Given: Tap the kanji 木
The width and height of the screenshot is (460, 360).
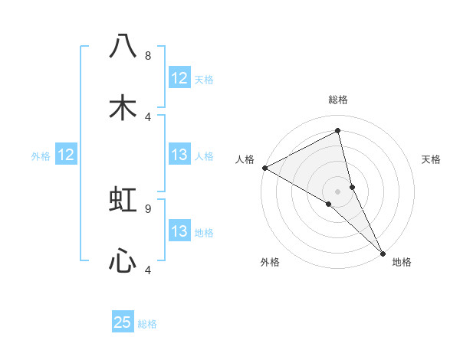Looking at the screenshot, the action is tap(123, 107).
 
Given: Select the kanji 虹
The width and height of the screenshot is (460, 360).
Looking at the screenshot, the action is tap(123, 200).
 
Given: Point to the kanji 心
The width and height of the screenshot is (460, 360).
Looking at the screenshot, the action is tap(123, 261).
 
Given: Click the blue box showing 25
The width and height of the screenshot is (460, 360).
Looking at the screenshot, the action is tap(123, 322).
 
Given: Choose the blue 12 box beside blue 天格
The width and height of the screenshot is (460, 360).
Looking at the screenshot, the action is tap(179, 78).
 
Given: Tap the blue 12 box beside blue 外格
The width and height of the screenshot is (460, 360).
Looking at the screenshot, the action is tap(66, 155).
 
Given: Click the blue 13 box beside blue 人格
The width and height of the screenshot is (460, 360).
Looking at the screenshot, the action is tap(179, 155).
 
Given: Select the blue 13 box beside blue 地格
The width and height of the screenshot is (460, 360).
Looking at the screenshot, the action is tap(179, 232).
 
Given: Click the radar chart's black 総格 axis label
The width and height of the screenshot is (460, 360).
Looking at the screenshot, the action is tap(338, 100).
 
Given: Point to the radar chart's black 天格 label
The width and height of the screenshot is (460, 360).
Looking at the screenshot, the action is tap(431, 159).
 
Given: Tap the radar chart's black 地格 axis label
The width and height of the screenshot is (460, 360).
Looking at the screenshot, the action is tap(402, 263).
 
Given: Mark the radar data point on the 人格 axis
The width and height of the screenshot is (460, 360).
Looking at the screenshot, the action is tap(264, 168).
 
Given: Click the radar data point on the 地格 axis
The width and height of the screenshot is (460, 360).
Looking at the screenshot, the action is tap(383, 252).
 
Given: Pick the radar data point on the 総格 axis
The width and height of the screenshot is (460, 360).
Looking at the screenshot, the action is tap(338, 130).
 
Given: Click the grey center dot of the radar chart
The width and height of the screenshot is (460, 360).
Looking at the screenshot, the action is tap(338, 191).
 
